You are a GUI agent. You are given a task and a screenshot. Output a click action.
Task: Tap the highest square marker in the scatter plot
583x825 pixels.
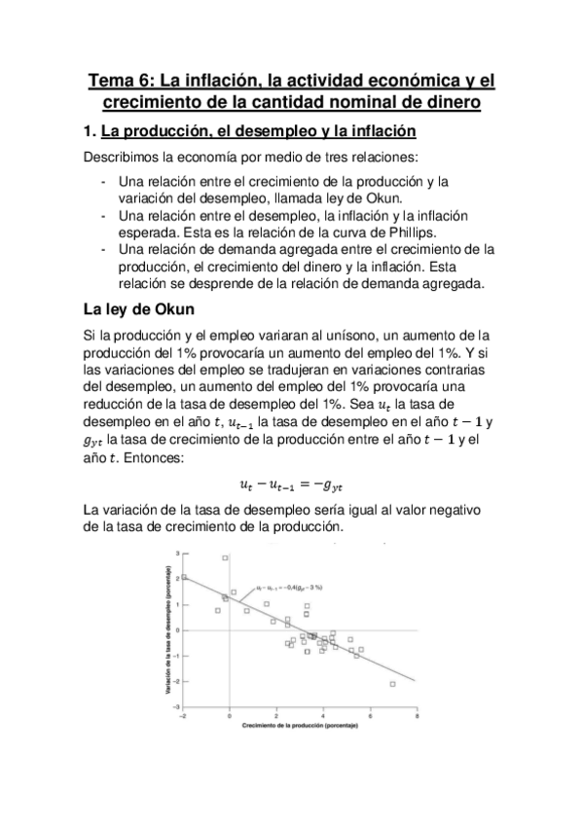[x=225, y=557]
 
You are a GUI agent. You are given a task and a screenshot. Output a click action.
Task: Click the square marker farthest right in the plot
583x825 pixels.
[x=392, y=684]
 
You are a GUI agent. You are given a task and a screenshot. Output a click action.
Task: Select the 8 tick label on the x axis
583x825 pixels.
[x=418, y=716]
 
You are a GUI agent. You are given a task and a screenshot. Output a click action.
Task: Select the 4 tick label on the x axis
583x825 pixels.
[x=323, y=716]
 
